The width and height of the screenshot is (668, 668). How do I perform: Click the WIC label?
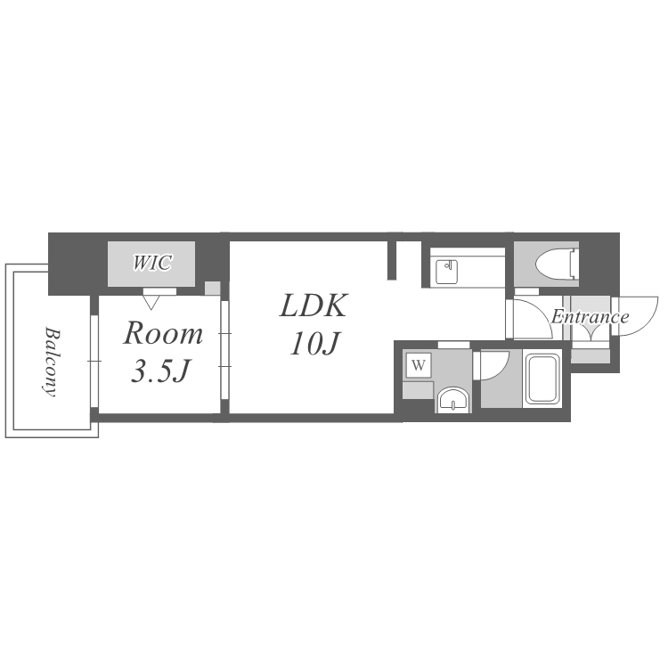152,263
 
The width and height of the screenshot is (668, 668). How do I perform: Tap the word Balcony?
52,362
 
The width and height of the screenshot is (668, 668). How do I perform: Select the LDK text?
314,305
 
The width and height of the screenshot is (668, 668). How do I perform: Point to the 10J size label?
314,344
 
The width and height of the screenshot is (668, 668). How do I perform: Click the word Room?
163,333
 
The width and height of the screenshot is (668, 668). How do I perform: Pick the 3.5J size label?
160,371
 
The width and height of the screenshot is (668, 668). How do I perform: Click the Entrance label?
590,316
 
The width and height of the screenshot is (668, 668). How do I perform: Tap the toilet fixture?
557,265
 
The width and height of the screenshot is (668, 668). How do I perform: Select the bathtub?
542,379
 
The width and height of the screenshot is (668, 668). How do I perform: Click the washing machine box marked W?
419,365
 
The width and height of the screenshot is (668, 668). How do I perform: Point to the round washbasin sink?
453,401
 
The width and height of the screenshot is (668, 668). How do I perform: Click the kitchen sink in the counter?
446,272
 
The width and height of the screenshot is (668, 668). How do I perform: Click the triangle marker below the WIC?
151,303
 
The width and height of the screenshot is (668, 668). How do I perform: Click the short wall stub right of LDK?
392,260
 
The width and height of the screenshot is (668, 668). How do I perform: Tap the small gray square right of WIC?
213,289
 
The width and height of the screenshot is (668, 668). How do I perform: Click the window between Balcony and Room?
94,362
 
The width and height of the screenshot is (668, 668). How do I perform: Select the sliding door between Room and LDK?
225,350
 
